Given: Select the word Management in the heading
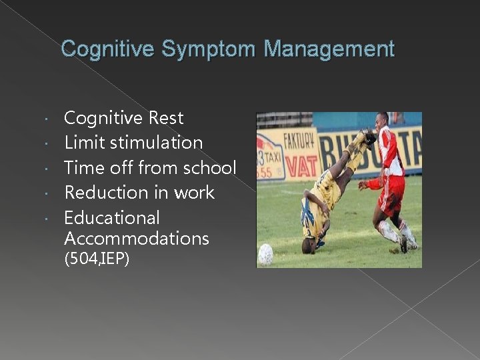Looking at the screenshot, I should pos(329,49).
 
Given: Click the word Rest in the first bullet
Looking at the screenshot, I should pos(166,118).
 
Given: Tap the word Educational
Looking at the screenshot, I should pos(112,218).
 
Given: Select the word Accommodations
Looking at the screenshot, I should pos(137,239).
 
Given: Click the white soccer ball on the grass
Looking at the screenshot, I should pos(265,253).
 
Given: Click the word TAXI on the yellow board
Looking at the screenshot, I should pos(274,153).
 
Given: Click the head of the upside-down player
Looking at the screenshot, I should pos(309,244).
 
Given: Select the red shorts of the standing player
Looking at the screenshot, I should pos(393,200).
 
